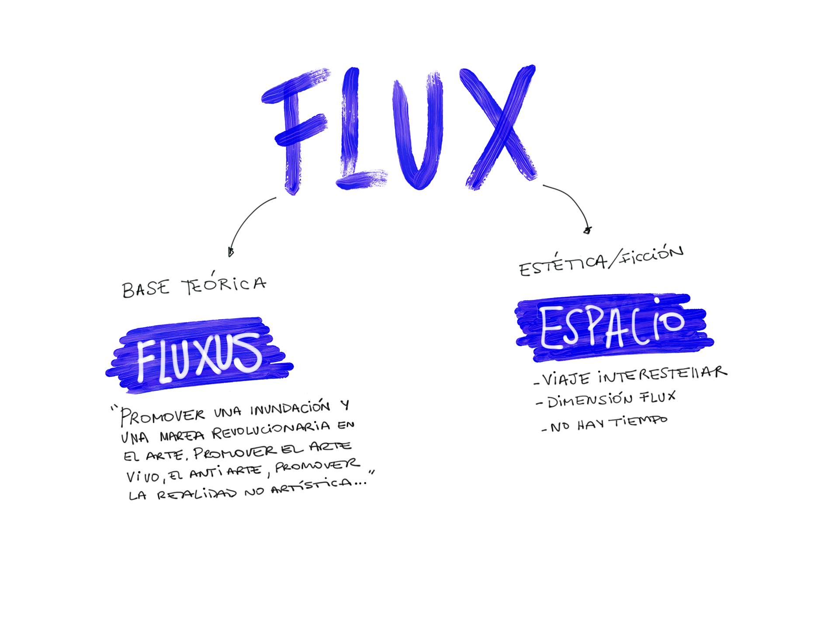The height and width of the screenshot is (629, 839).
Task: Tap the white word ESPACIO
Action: point(612,326)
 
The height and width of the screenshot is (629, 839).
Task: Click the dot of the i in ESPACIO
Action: point(657,301)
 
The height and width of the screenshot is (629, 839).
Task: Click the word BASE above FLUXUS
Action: point(146,288)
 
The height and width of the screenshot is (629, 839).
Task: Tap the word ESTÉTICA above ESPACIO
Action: point(564,265)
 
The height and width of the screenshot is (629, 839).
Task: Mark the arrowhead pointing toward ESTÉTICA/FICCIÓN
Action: point(588,230)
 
